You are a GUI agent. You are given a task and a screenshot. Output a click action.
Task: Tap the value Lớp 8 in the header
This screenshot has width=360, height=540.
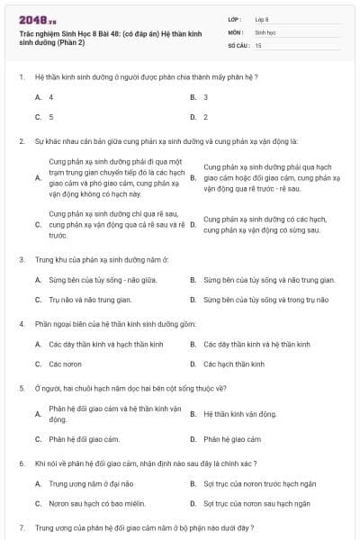point(262,18)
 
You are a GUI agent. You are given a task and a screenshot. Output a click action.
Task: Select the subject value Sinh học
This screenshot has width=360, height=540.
point(265,31)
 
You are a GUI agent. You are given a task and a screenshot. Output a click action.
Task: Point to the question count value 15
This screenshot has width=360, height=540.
point(258,44)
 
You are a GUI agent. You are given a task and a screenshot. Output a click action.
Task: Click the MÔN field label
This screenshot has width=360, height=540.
point(235,31)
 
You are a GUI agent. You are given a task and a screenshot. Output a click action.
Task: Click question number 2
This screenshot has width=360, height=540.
point(22,141)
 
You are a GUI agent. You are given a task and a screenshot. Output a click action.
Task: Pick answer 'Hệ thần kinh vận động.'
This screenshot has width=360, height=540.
point(239,414)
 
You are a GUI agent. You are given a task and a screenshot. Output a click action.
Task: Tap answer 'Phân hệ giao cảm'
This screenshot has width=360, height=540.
point(232,439)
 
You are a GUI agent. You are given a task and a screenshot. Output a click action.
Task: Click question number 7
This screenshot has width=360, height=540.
point(22,526)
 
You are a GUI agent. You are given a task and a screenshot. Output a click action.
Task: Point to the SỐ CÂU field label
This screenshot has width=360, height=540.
point(238,44)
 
